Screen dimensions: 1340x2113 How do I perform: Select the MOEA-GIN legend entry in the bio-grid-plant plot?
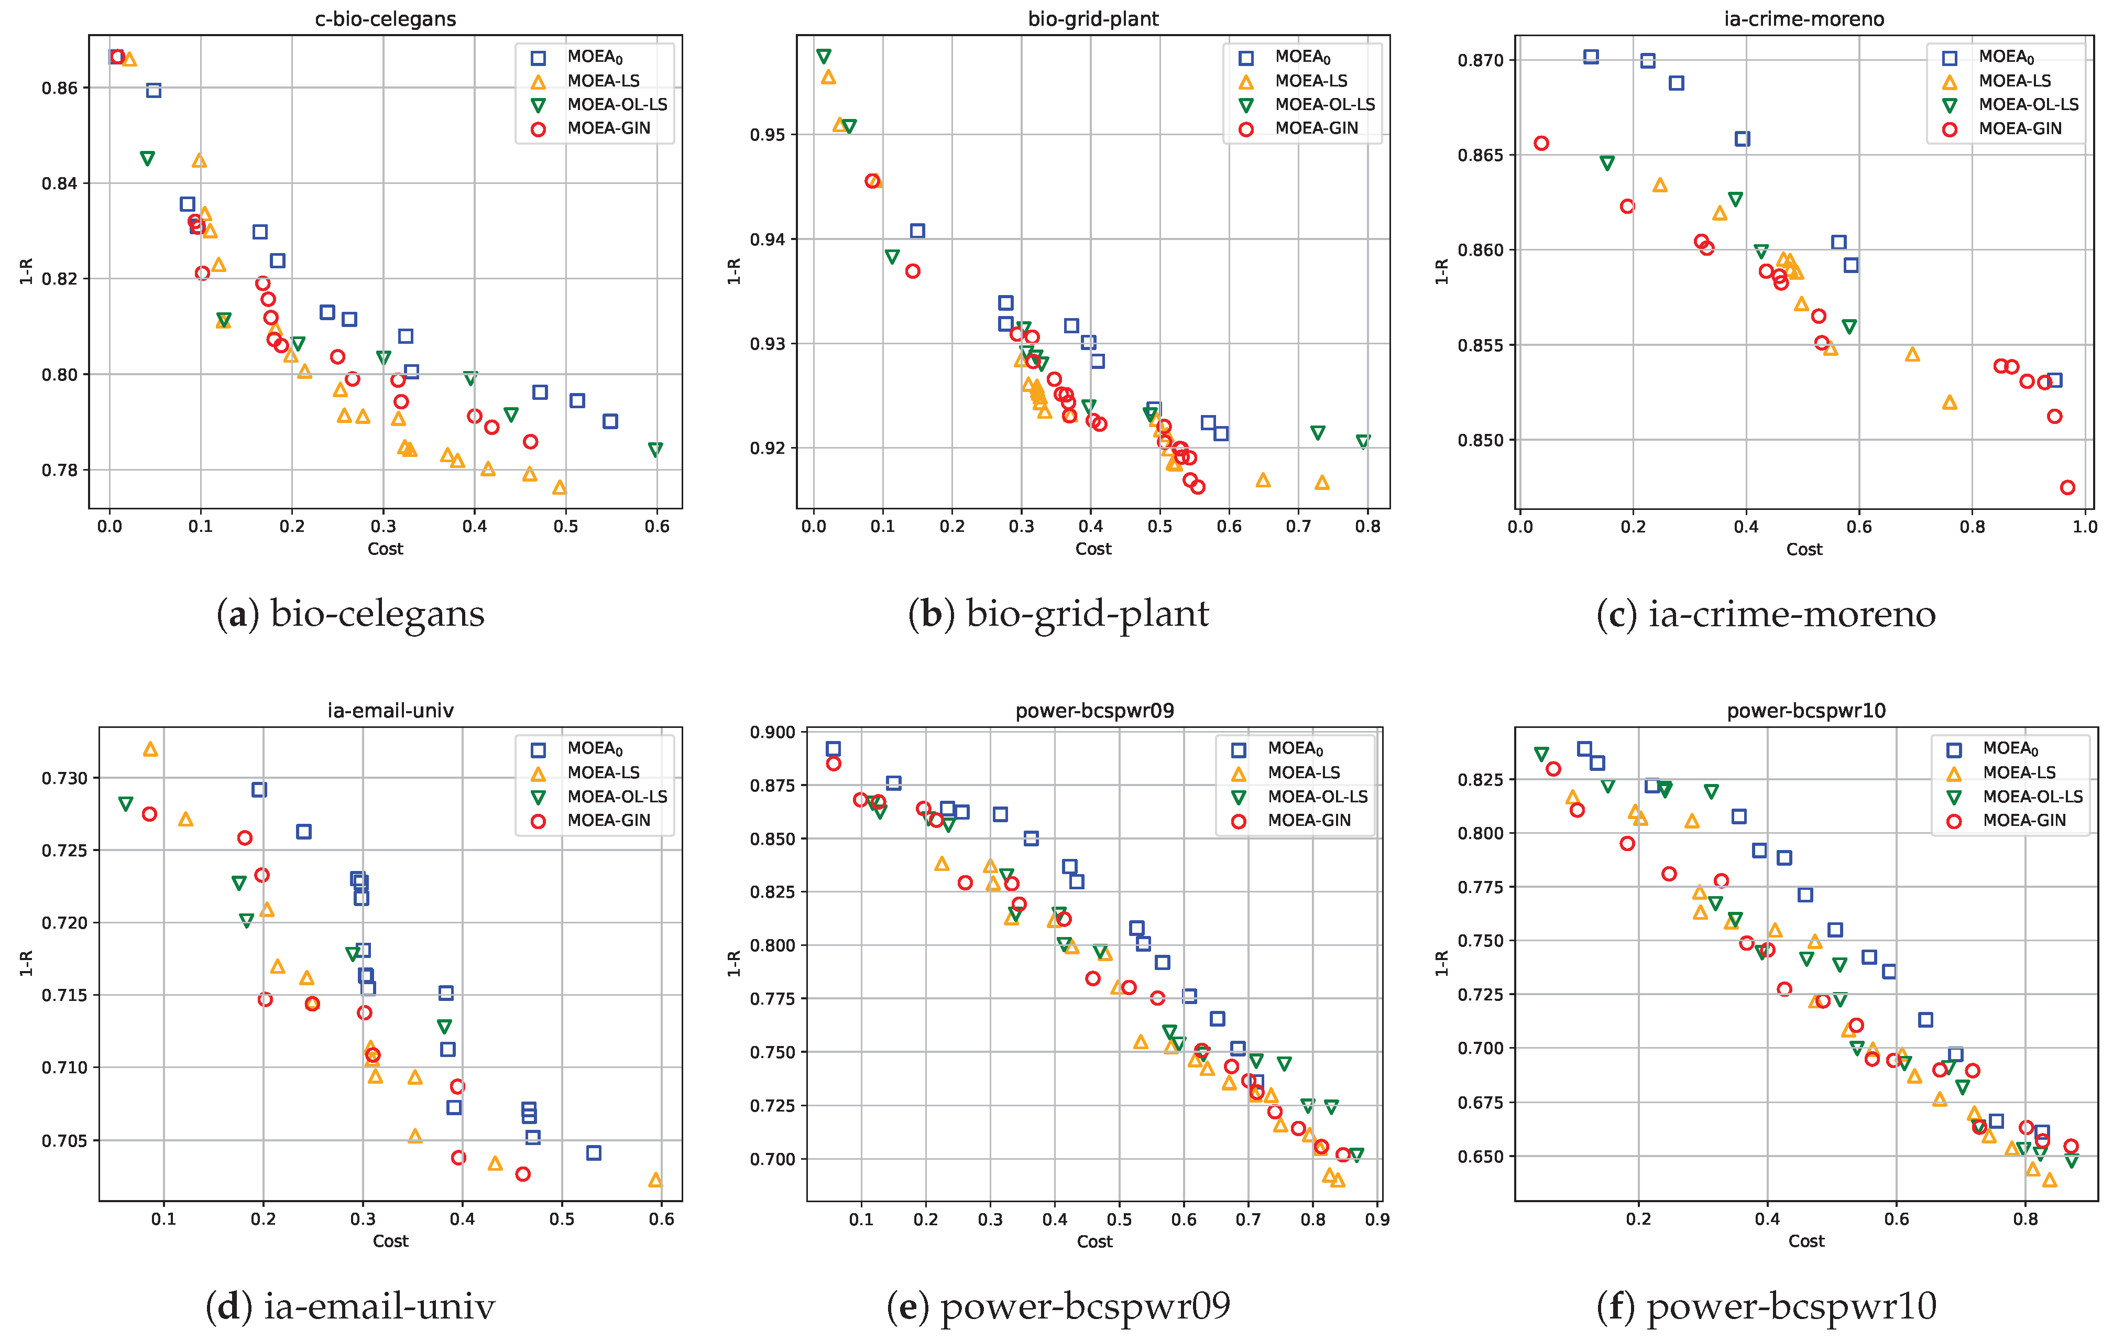point(1316,128)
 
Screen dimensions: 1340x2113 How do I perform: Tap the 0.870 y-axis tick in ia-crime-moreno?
point(1480,61)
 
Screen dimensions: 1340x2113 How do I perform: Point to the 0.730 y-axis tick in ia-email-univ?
point(65,778)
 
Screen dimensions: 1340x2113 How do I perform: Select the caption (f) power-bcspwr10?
point(1766,1306)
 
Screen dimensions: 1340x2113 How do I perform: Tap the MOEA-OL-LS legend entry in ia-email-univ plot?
point(617,797)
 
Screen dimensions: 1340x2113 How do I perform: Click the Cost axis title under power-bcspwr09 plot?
point(1094,1241)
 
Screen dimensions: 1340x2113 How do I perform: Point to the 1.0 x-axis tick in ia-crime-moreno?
point(2085,527)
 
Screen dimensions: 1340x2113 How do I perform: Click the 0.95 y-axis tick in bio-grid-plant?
point(768,135)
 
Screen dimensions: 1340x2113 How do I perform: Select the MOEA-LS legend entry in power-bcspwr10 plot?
point(2019,773)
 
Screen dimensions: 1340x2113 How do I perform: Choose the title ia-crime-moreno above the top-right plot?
point(1803,18)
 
